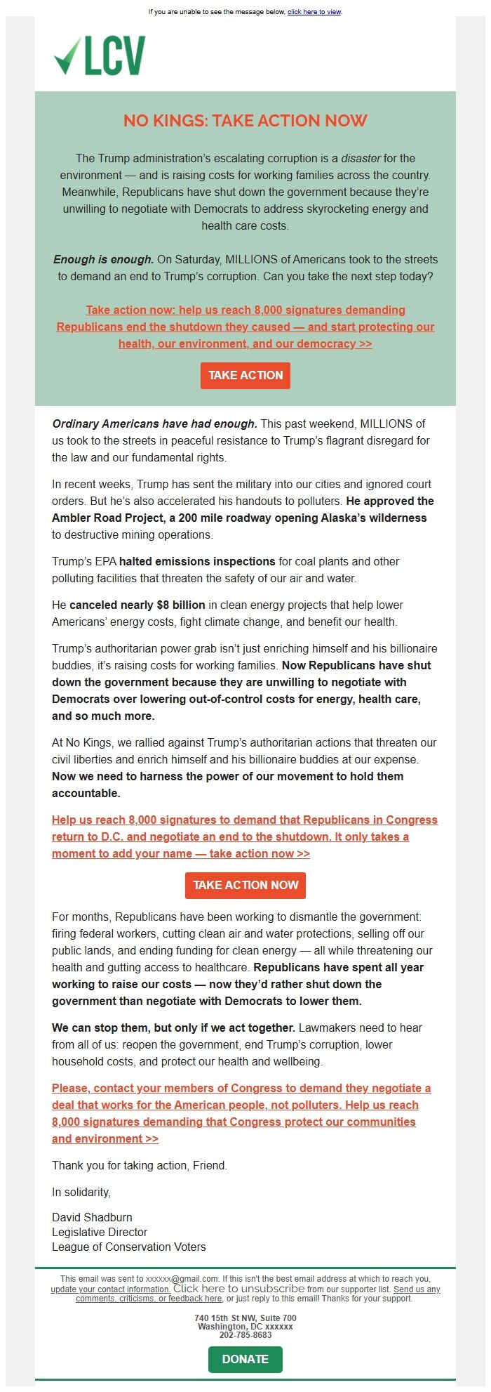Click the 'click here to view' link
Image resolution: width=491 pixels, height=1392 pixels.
point(314,12)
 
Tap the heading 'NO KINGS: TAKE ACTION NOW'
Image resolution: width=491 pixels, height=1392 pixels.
point(245,121)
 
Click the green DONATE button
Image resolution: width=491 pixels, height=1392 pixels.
point(245,1359)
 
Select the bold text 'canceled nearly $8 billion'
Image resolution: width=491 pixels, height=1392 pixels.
point(137,605)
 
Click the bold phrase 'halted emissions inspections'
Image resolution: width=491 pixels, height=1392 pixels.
point(197,562)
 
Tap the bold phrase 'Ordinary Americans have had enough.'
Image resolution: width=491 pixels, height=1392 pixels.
point(155,424)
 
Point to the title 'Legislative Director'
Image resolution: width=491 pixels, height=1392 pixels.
point(100,1232)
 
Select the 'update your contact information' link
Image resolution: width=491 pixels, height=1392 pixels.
point(111,1289)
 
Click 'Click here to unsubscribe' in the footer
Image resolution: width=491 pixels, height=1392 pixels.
point(238,1289)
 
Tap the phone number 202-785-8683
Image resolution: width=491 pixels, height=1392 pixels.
point(245,1335)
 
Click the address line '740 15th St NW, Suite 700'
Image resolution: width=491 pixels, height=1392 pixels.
point(245,1318)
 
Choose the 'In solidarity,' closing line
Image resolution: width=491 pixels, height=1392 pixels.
point(81,1192)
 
